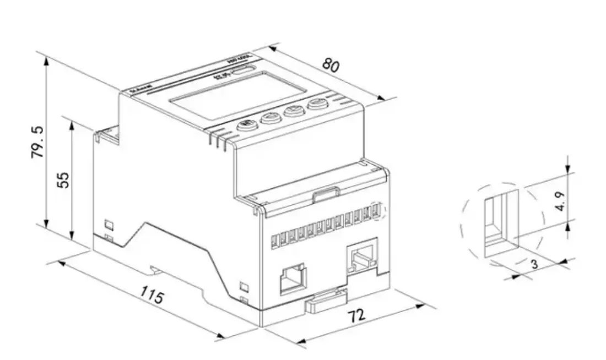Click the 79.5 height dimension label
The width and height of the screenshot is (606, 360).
click(x=37, y=142)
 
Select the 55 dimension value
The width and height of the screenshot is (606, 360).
click(x=64, y=179)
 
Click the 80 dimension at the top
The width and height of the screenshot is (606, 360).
click(x=331, y=64)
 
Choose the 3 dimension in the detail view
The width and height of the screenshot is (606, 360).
click(x=534, y=265)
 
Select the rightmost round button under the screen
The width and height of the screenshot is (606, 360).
click(x=316, y=105)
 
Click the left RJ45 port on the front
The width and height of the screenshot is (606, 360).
click(x=291, y=278)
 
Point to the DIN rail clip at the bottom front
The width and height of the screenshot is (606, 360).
click(x=326, y=300)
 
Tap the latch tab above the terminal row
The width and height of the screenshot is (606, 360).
click(x=326, y=194)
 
